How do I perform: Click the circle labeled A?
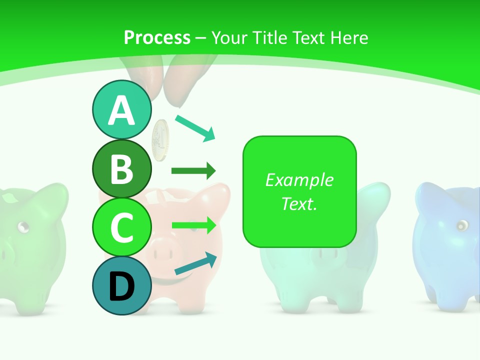pyautogui.click(x=121, y=110)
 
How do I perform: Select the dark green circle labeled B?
pyautogui.click(x=121, y=168)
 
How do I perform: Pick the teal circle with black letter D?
pyautogui.click(x=121, y=285)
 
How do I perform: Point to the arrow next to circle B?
pyautogui.click(x=193, y=171)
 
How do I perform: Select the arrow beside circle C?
pyautogui.click(x=193, y=225)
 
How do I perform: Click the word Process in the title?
pyautogui.click(x=157, y=37)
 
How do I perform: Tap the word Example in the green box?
pyautogui.click(x=299, y=180)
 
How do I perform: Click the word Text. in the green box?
pyautogui.click(x=299, y=203)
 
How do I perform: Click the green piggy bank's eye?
pyautogui.click(x=22, y=227)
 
